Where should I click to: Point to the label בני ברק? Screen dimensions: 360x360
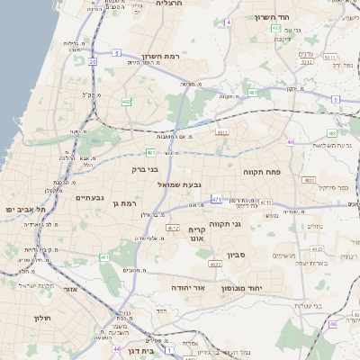143,168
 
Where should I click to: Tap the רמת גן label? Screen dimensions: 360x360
122,203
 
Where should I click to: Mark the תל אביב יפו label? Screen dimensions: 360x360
20,209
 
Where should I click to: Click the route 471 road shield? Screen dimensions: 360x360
217,199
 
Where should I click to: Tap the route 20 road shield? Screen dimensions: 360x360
92,61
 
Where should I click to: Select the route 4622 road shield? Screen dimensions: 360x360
214,265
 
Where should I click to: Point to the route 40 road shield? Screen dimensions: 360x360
290,141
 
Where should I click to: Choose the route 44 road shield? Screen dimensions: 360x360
116,347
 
